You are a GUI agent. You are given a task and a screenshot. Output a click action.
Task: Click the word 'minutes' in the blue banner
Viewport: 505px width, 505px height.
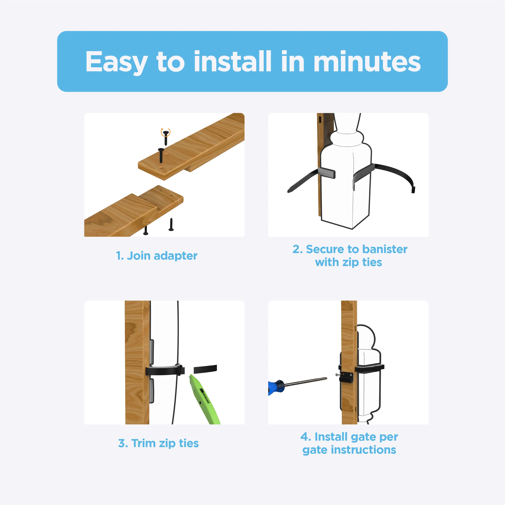(367, 62)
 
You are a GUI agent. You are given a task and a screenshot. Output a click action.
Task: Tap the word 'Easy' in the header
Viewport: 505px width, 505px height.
(116, 62)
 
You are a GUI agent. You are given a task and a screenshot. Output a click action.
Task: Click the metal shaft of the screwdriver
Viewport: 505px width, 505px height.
(306, 382)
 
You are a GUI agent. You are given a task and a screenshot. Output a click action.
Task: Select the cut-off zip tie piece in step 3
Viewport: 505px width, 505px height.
(205, 369)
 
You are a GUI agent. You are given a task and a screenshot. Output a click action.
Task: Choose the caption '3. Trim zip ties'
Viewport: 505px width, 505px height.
(158, 443)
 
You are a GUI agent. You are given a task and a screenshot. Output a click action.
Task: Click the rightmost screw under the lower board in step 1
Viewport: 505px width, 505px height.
(171, 225)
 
